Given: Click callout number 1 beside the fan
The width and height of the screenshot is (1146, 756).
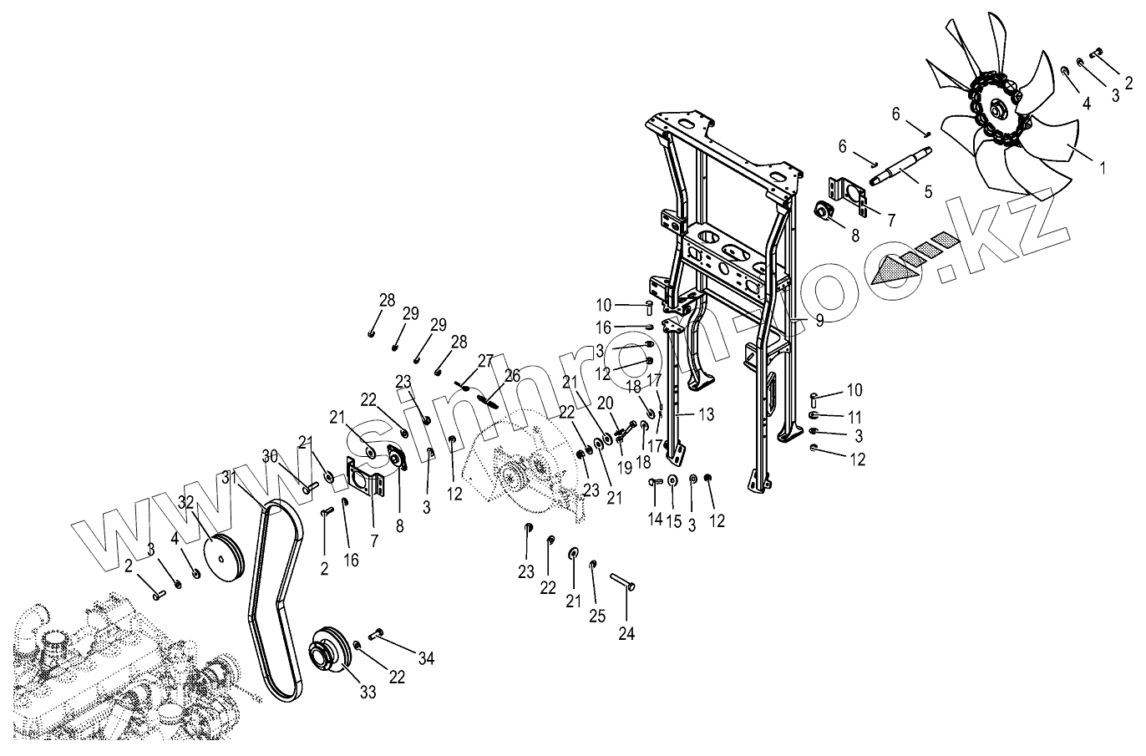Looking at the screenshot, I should tap(1102, 167).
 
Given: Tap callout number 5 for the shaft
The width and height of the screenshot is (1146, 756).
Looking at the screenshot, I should tap(927, 191).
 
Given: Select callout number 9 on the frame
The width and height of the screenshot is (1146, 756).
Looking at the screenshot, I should tap(819, 320).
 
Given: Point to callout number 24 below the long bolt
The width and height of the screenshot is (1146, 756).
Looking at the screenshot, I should tap(626, 634).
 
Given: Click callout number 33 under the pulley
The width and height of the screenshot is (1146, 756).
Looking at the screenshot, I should tap(368, 692).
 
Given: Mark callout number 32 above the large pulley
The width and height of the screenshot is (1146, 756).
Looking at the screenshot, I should tap(185, 503).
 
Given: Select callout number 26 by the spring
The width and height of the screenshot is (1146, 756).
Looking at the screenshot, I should tap(512, 375).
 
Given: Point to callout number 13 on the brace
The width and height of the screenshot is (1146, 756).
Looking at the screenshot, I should tap(706, 414).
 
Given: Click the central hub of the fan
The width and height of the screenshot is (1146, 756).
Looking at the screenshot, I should tap(998, 109).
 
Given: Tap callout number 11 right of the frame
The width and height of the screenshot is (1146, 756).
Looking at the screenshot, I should tap(855, 416).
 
